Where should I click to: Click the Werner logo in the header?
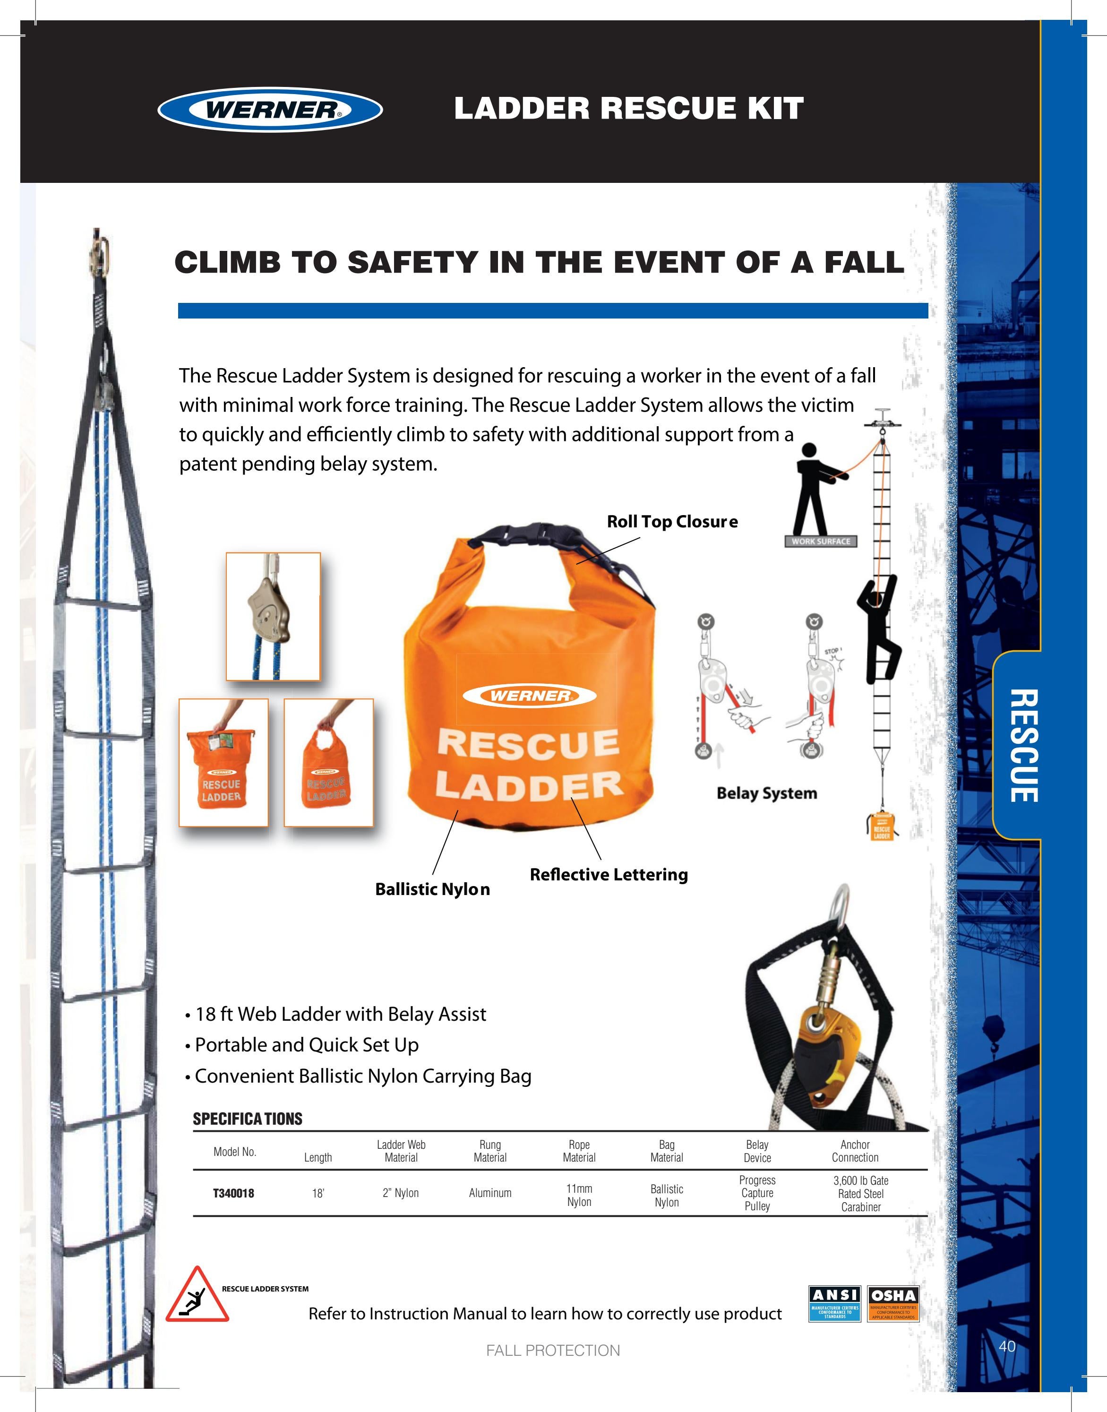(x=270, y=110)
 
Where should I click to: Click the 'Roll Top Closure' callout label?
(x=672, y=522)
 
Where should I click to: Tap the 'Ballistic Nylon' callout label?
(x=432, y=889)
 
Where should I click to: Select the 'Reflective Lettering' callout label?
(x=609, y=875)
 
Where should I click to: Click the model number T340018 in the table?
(x=233, y=1193)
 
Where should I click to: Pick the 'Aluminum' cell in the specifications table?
(x=490, y=1193)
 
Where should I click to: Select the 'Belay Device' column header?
(x=757, y=1151)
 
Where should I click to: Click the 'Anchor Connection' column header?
(x=855, y=1151)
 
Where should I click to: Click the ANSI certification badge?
(x=835, y=1304)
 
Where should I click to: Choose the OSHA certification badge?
(x=893, y=1304)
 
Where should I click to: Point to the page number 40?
(x=1006, y=1346)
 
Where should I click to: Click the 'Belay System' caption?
(x=767, y=793)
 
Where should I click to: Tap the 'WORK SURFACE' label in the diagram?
(x=821, y=542)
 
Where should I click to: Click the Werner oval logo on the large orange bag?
(x=530, y=696)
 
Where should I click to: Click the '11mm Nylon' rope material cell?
(x=579, y=1195)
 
